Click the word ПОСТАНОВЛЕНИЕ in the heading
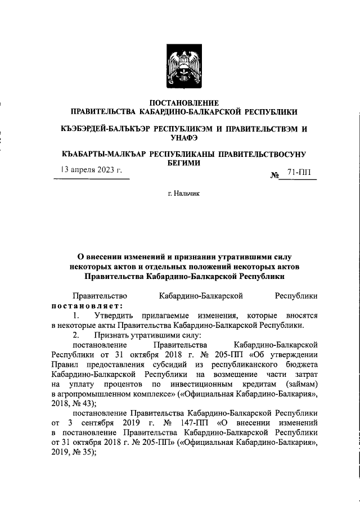(x=179, y=103)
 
